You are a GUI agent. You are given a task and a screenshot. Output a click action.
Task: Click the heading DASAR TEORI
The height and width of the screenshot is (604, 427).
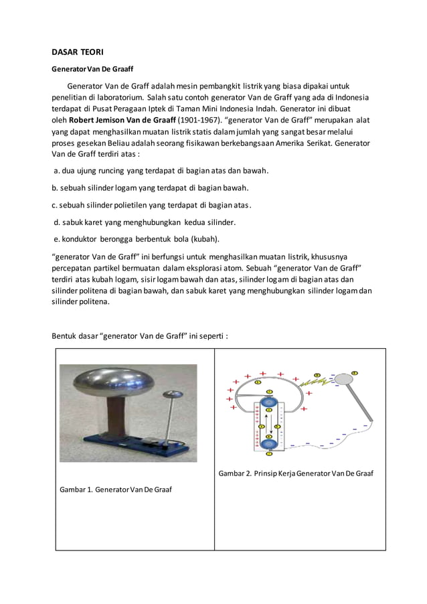[78, 52]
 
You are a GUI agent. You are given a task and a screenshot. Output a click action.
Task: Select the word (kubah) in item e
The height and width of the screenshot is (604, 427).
[205, 238]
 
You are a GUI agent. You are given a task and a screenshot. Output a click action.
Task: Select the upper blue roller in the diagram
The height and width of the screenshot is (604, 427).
[269, 404]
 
